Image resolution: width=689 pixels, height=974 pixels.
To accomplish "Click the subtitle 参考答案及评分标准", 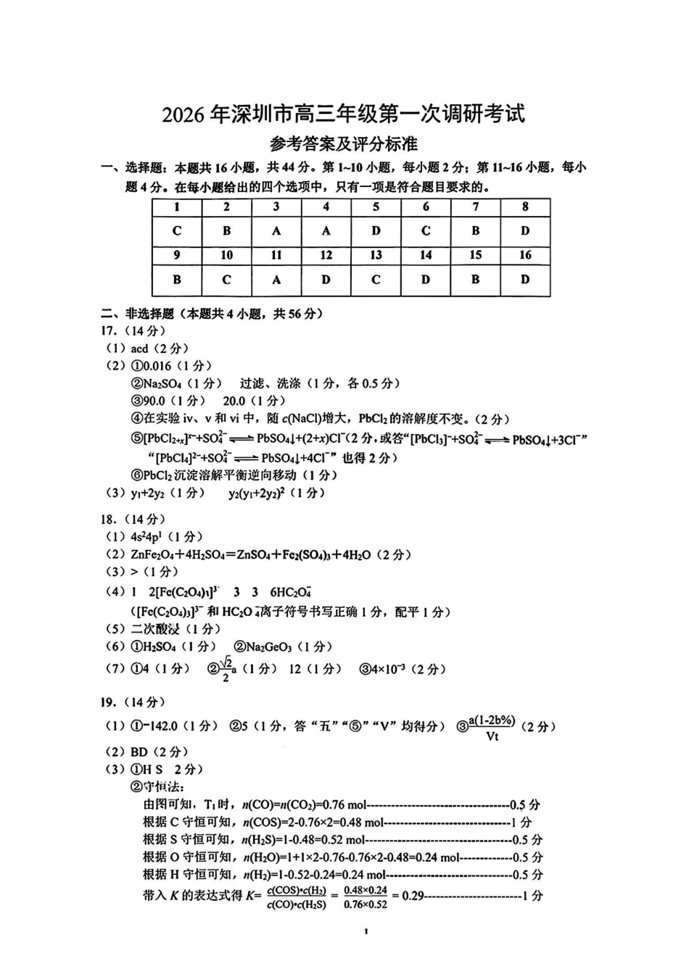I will click(344, 144).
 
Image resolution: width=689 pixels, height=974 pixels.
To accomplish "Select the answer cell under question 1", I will click(177, 231).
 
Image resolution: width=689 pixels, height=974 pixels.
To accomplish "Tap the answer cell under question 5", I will click(376, 231).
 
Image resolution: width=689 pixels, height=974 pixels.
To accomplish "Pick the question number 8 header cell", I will click(525, 207).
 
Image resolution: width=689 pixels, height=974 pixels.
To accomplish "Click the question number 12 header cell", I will click(326, 255).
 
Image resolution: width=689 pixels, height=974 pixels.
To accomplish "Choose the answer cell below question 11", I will click(276, 280).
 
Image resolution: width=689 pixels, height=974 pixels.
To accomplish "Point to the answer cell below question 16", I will click(525, 280).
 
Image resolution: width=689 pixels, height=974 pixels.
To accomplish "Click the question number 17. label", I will click(110, 331).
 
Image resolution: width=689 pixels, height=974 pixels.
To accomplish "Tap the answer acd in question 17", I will click(140, 349).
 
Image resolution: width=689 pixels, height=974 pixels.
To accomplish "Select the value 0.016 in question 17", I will click(157, 366).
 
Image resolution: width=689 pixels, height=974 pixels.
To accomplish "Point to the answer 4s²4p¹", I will click(147, 537).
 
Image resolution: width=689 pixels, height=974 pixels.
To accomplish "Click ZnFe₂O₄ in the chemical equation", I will click(152, 554).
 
